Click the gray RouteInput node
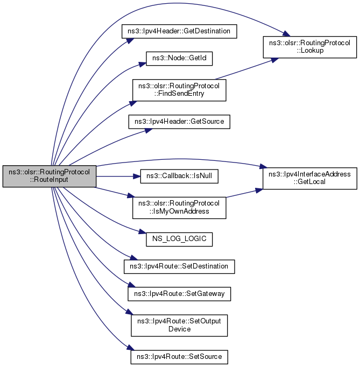pyautogui.click(x=50, y=177)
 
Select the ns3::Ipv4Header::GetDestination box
pyautogui.click(x=179, y=31)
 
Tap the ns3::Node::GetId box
pyautogui.click(x=179, y=59)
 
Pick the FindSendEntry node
pyautogui.click(x=179, y=90)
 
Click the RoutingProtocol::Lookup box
pyautogui.click(x=310, y=47)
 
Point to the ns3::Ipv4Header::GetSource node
pyautogui.click(x=179, y=122)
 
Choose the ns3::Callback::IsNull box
pyautogui.click(x=179, y=177)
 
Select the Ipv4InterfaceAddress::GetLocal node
pyautogui.click(x=310, y=178)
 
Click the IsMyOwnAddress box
pyautogui.click(x=179, y=208)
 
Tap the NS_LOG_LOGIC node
pyautogui.click(x=179, y=239)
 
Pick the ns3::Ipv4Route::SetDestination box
pyautogui.click(x=179, y=266)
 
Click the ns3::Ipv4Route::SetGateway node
pyautogui.click(x=179, y=294)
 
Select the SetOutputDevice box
pyautogui.click(x=179, y=326)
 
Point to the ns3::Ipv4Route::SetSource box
pyautogui.click(x=179, y=357)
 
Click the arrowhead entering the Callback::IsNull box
pyautogui.click(x=137, y=177)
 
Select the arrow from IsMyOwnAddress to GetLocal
pyautogui.click(x=245, y=193)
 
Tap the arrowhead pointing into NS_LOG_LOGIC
pyautogui.click(x=143, y=232)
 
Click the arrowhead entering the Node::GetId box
pyautogui.click(x=143, y=63)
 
